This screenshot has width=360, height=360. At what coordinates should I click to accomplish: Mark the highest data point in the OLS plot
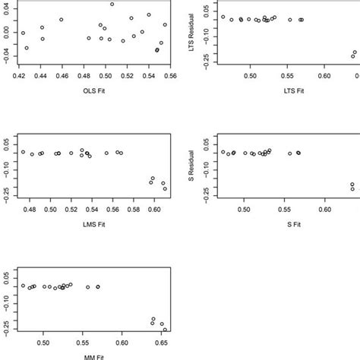point(112,5)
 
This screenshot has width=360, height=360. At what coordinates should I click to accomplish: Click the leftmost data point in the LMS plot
point(23,152)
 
